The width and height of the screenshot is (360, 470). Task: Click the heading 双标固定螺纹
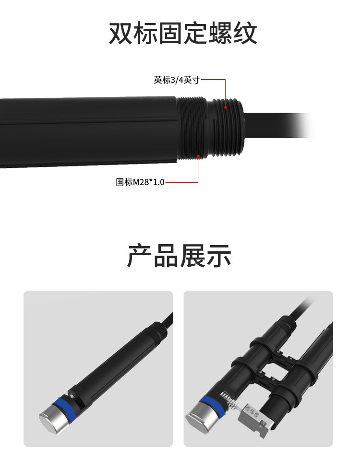(183, 33)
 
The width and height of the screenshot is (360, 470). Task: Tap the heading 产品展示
(179, 256)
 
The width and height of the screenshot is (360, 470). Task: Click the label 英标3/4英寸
(177, 80)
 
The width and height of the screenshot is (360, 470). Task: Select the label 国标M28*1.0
(140, 182)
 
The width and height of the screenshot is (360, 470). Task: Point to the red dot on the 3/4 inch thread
(226, 107)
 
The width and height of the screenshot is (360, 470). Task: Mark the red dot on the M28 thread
(198, 156)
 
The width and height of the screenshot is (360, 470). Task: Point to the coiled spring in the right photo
(229, 401)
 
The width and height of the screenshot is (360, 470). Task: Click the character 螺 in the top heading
(220, 33)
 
